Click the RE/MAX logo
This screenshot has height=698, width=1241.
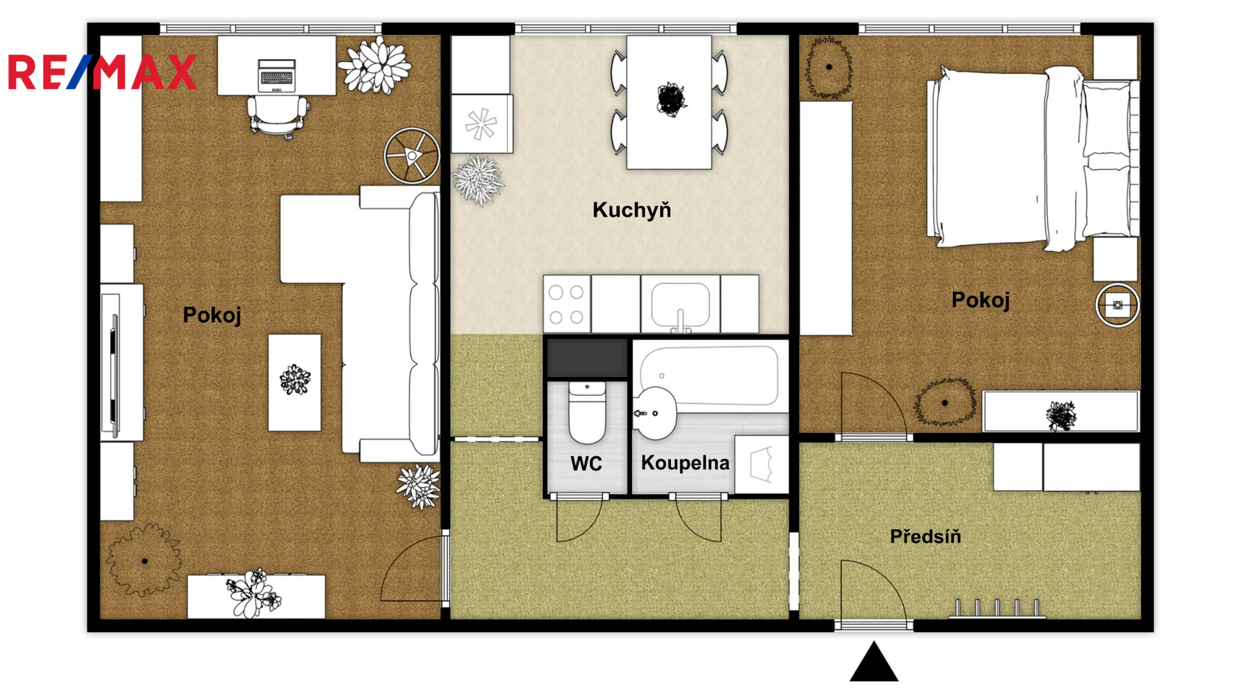102,72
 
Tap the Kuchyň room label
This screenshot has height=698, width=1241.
631,210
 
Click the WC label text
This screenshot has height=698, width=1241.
586,463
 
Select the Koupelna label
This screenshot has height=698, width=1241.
686,463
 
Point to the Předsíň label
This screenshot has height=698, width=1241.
925,536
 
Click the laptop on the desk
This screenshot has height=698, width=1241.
276,75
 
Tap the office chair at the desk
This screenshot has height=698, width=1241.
277,116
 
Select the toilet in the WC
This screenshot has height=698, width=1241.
587,413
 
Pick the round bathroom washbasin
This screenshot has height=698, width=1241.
655,413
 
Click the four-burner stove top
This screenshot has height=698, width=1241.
567,304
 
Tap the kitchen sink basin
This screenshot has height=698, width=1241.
680,305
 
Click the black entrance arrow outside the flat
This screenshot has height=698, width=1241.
873,662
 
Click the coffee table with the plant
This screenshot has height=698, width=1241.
295,382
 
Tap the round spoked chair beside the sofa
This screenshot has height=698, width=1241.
413,156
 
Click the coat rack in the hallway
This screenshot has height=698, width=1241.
997,609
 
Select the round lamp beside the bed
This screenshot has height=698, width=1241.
1118,305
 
